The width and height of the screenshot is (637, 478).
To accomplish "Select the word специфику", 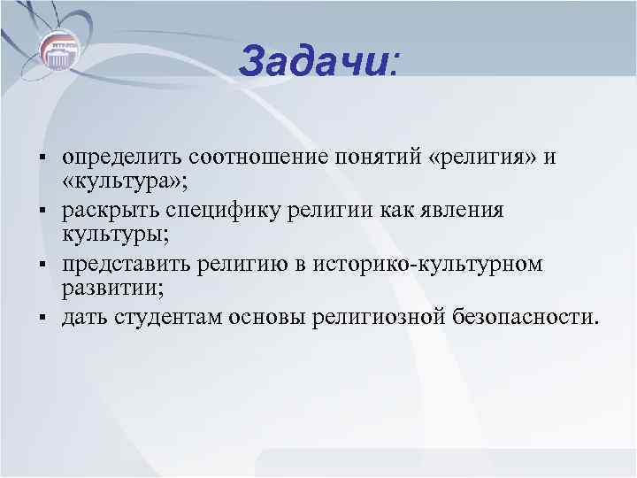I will point(224,212).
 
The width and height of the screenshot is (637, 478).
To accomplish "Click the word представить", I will point(121,265).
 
